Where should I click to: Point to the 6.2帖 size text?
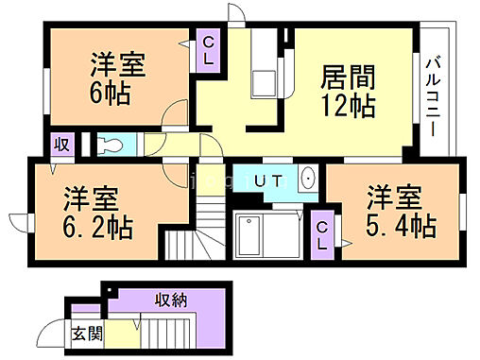pos(97,228)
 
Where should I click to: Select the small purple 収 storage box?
pos(60,145)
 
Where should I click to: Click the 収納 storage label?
pos(171,300)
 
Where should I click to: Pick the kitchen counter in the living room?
pos(262,71)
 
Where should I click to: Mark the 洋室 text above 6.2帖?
pos(92,199)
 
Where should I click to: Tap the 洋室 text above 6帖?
pos(118,65)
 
